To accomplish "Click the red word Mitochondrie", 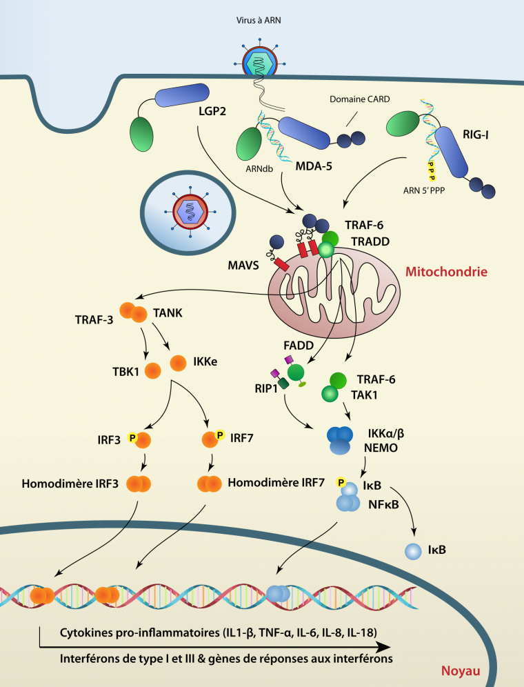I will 446,272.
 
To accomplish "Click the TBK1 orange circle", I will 153,369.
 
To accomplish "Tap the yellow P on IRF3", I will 133,437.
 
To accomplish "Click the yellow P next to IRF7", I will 220,435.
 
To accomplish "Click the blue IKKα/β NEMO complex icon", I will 339,440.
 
